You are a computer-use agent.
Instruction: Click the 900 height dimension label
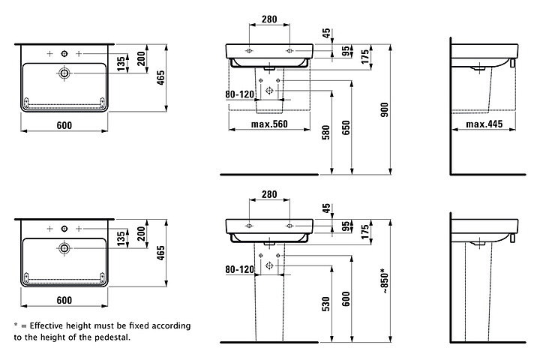pos(385,109)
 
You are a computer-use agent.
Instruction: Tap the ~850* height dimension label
pos(385,280)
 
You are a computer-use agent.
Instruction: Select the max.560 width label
pos(269,124)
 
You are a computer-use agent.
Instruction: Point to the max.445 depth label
pos(484,124)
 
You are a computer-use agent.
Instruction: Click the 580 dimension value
pos(325,133)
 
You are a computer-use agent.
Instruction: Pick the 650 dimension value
pos(346,127)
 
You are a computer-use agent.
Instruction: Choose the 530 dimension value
pos(325,304)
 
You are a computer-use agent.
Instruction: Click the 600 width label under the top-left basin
pos(64,125)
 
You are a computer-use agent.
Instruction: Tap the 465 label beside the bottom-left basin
pos(160,253)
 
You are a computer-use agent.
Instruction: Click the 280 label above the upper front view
pos(269,19)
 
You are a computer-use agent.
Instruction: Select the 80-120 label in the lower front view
pos(240,269)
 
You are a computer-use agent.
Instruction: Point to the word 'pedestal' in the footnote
pos(114,337)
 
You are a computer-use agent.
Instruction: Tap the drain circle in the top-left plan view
pos(64,73)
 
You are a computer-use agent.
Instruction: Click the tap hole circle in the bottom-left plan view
pos(64,229)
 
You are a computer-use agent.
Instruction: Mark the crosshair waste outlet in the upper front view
pos(270,91)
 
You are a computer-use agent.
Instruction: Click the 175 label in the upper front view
pos(365,56)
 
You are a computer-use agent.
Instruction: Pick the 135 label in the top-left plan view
pos(121,64)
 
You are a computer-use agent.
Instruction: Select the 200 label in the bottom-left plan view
pos(141,233)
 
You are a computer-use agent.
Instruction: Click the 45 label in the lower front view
pos(326,208)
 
